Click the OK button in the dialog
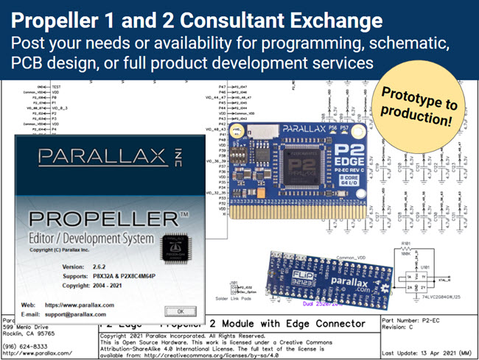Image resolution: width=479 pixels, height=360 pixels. click(181, 311)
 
